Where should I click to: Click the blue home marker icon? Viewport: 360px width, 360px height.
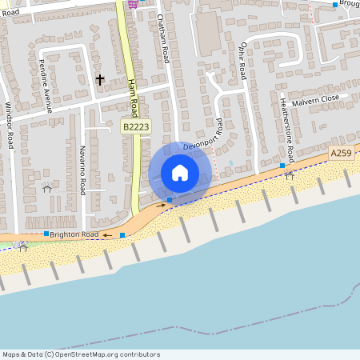[x=180, y=172]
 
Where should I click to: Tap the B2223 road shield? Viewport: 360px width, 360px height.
[x=135, y=126]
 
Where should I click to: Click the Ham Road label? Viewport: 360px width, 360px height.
[x=134, y=94]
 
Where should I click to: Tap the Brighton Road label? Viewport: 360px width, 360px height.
[x=74, y=234]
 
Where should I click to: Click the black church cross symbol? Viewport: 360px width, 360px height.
[x=100, y=79]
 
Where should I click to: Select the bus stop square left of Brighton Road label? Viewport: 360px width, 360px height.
[x=46, y=234]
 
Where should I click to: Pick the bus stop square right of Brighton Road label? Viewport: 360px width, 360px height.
[x=122, y=235]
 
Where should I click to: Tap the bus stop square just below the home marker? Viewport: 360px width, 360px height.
[x=170, y=199]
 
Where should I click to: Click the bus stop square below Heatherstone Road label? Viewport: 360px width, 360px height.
[x=282, y=166]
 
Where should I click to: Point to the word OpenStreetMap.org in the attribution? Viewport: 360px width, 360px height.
[x=94, y=354]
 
